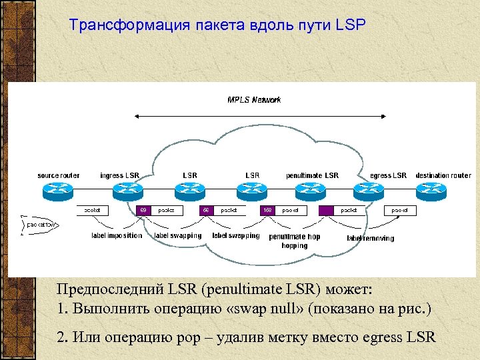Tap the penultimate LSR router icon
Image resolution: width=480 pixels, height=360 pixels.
(313, 191)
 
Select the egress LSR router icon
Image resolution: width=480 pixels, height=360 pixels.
(387, 191)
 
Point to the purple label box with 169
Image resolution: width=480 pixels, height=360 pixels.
(268, 210)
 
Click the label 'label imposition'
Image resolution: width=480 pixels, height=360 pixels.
(117, 235)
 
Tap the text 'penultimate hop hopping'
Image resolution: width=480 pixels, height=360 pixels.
(294, 241)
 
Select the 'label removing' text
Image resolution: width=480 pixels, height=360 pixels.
(370, 238)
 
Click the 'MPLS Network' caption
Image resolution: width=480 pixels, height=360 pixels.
(254, 100)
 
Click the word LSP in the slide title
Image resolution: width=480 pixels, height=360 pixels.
(351, 25)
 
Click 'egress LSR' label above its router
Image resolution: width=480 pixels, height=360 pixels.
(388, 175)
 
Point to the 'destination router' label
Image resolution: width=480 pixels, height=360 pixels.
(443, 175)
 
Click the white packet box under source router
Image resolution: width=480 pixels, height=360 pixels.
(93, 210)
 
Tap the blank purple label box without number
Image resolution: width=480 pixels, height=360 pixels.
(325, 210)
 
